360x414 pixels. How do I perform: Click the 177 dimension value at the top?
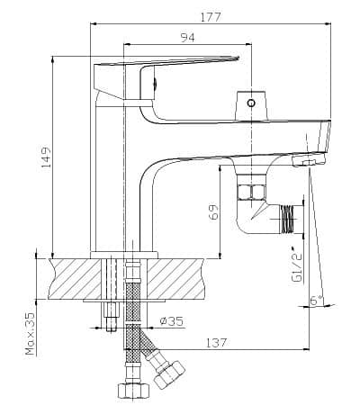coord(211,17)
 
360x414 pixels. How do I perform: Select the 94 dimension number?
coord(187,38)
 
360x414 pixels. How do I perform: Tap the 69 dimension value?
coord(213,212)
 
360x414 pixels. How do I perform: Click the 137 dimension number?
coord(216,343)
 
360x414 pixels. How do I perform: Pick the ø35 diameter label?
coord(171,321)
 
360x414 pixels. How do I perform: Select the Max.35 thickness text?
coord(31,334)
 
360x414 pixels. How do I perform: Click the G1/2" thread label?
coord(296,264)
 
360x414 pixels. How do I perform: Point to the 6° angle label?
coord(317,300)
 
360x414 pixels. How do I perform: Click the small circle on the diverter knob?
coord(251,103)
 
